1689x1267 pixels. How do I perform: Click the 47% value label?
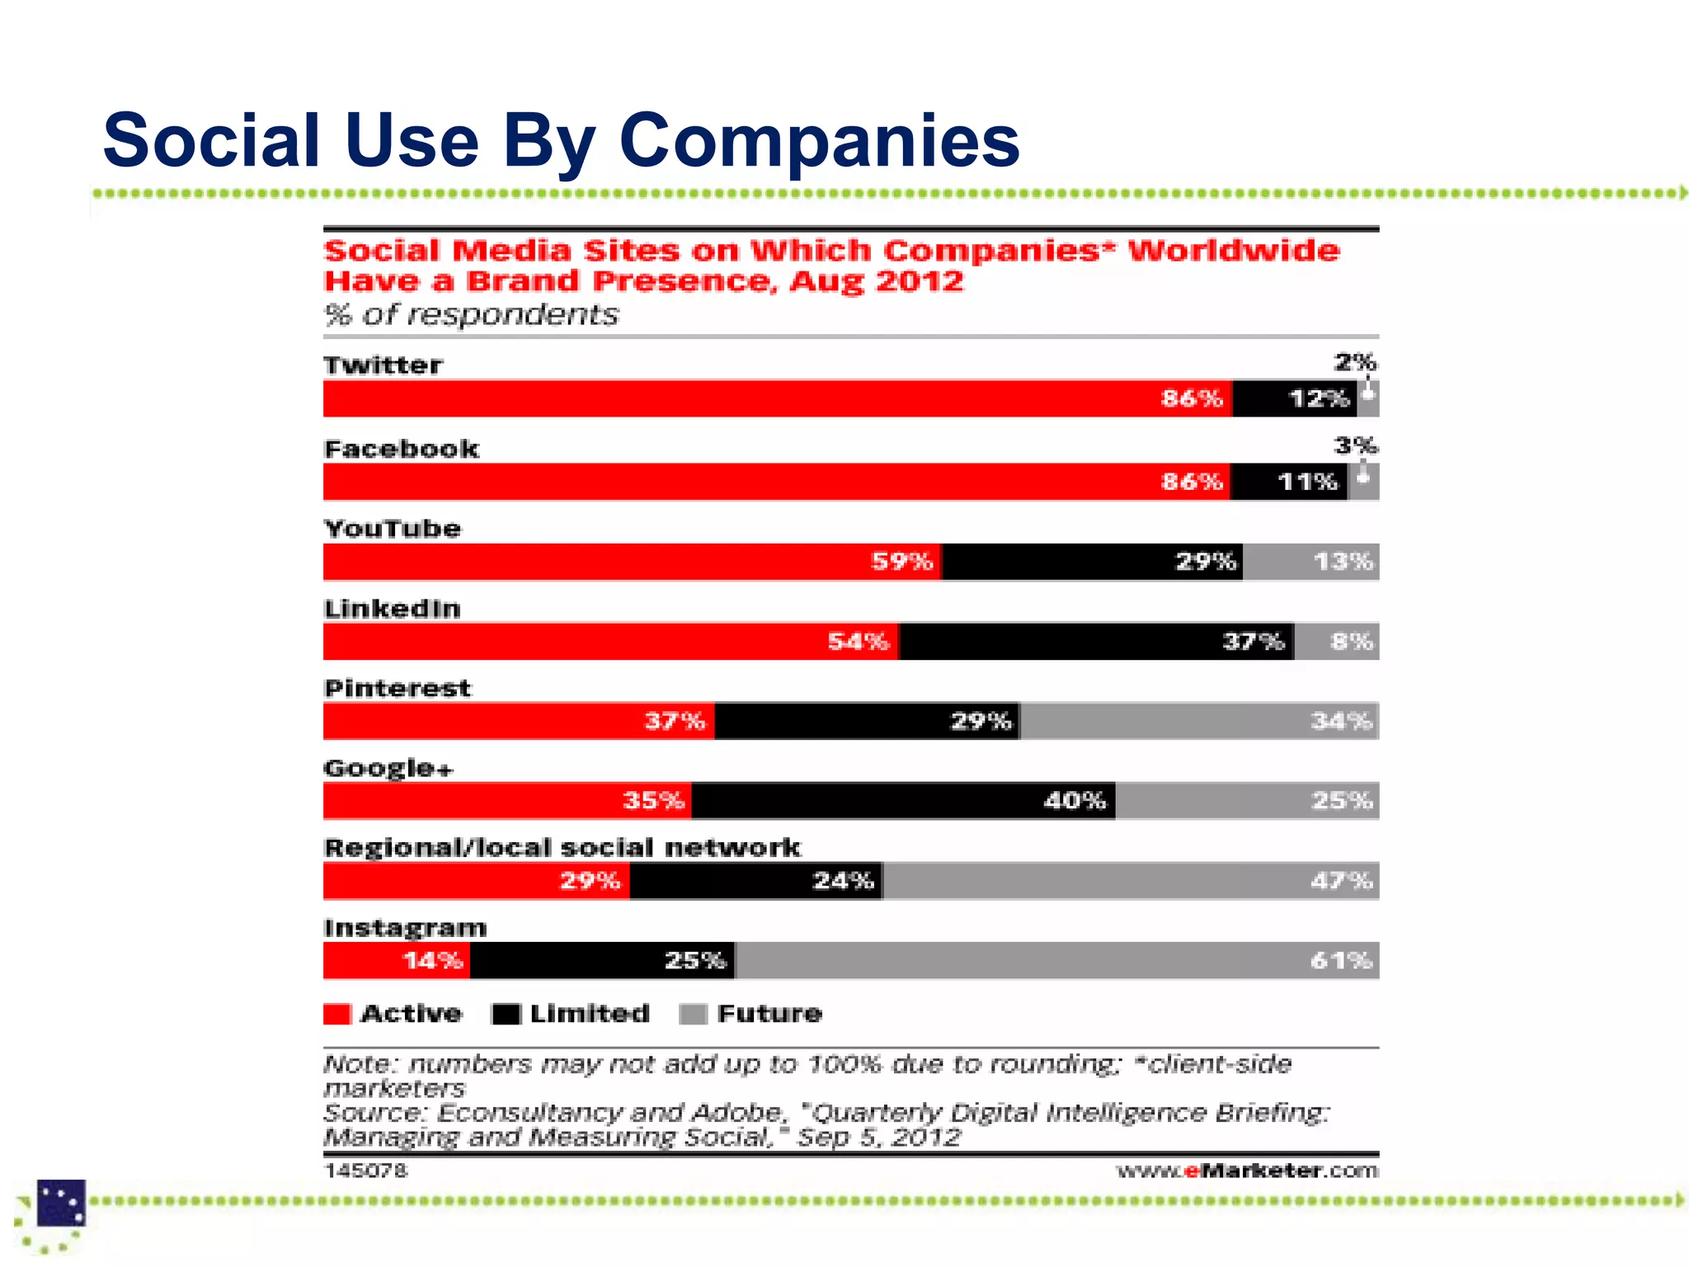[x=1342, y=881]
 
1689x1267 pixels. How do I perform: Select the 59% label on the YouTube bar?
[x=901, y=562]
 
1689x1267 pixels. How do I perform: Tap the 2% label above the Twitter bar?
[x=1355, y=362]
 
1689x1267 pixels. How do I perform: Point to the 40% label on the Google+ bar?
[x=1074, y=801]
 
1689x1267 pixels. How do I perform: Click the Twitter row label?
[x=383, y=365]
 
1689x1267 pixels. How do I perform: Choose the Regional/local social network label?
[x=562, y=848]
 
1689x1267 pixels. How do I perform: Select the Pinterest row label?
[x=398, y=689]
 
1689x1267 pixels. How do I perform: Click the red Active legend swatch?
[x=337, y=1014]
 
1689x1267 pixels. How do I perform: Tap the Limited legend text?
[x=590, y=1014]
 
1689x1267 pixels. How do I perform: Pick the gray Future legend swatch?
[x=693, y=1014]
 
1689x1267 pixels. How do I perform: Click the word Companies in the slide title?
[x=819, y=140]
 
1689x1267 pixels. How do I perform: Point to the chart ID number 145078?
[x=365, y=1170]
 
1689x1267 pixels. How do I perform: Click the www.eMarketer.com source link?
[x=1247, y=1170]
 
